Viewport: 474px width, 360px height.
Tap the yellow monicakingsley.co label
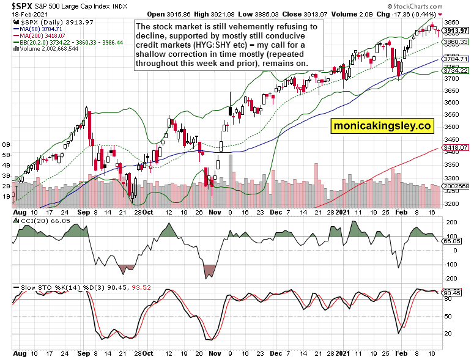[382, 126]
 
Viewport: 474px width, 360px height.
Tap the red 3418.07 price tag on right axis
[456, 147]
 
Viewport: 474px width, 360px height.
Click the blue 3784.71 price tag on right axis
[456, 59]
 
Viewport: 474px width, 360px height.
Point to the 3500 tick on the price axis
[452, 127]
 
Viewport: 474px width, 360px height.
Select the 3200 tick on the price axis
[452, 204]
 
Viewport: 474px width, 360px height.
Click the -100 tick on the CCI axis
[451, 265]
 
